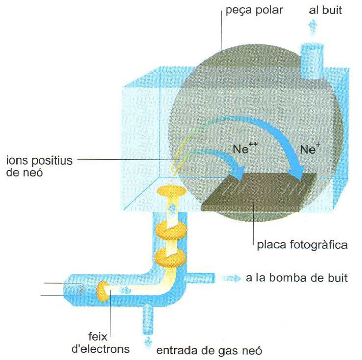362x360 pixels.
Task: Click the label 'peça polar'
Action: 254,10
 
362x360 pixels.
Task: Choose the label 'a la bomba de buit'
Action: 297,279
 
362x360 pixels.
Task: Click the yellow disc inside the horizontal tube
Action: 102,291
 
